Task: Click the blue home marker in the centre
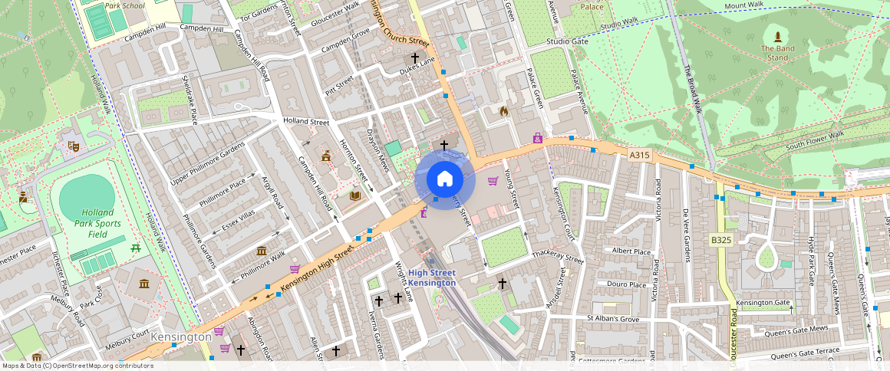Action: tap(444, 179)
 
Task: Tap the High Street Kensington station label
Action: tap(432, 278)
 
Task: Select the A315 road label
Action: tap(639, 155)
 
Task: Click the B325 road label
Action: tap(721, 240)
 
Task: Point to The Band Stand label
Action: tap(777, 52)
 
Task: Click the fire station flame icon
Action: tap(503, 112)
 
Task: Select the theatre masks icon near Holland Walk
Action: tap(74, 144)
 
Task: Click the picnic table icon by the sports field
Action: tap(136, 248)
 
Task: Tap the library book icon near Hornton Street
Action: tap(354, 196)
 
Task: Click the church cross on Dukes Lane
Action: tap(415, 57)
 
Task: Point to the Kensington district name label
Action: tap(181, 337)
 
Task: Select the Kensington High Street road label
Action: tap(316, 266)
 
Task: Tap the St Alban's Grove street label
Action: tap(613, 318)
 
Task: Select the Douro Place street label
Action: tap(626, 284)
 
